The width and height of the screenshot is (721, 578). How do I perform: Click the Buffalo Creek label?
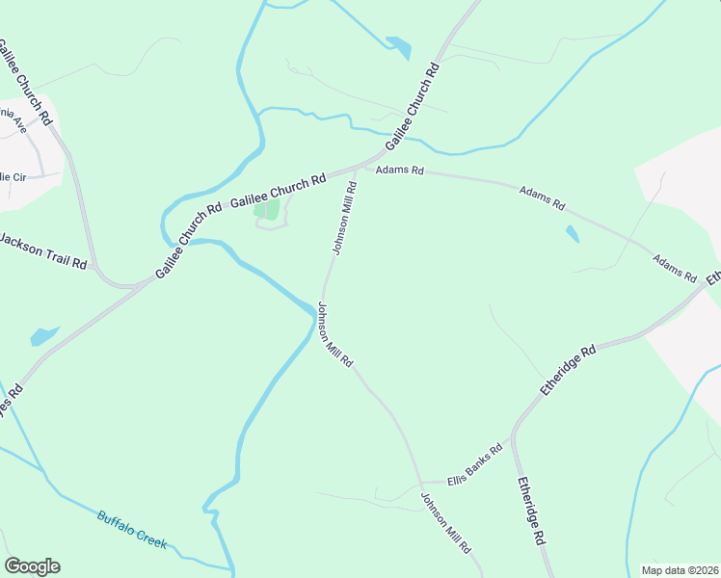click(x=132, y=531)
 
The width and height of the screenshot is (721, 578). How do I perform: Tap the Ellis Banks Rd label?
click(x=475, y=464)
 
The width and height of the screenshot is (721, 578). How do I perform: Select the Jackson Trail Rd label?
click(x=42, y=250)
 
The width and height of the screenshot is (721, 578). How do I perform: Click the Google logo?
click(x=32, y=566)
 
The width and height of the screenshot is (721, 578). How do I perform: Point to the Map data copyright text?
click(x=679, y=568)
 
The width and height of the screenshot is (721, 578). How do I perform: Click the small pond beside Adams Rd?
click(x=574, y=234)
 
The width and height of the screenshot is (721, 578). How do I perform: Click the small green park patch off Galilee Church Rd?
click(x=266, y=208)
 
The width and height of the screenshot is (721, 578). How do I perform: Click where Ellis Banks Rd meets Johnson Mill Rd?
click(x=421, y=482)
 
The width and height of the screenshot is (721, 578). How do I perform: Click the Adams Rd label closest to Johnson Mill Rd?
click(x=399, y=171)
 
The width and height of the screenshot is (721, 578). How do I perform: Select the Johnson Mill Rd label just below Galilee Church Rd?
click(x=344, y=221)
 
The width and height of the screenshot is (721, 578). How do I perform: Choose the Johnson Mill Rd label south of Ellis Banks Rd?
click(x=446, y=523)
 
